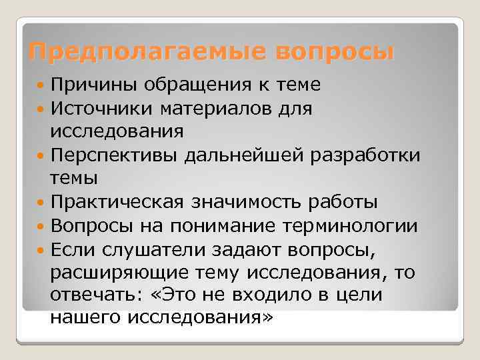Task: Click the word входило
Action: tap(271, 295)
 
